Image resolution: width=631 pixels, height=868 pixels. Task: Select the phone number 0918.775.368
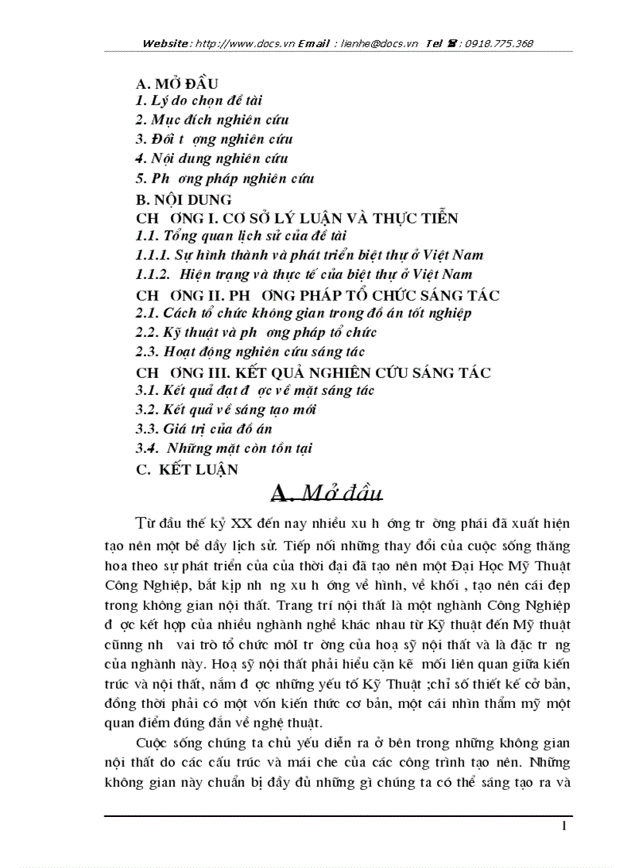click(500, 43)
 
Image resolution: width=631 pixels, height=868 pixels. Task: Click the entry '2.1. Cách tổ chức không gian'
click(303, 314)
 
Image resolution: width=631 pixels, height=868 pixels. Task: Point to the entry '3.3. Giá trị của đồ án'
click(203, 429)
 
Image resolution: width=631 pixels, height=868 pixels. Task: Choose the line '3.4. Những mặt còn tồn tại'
click(223, 448)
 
